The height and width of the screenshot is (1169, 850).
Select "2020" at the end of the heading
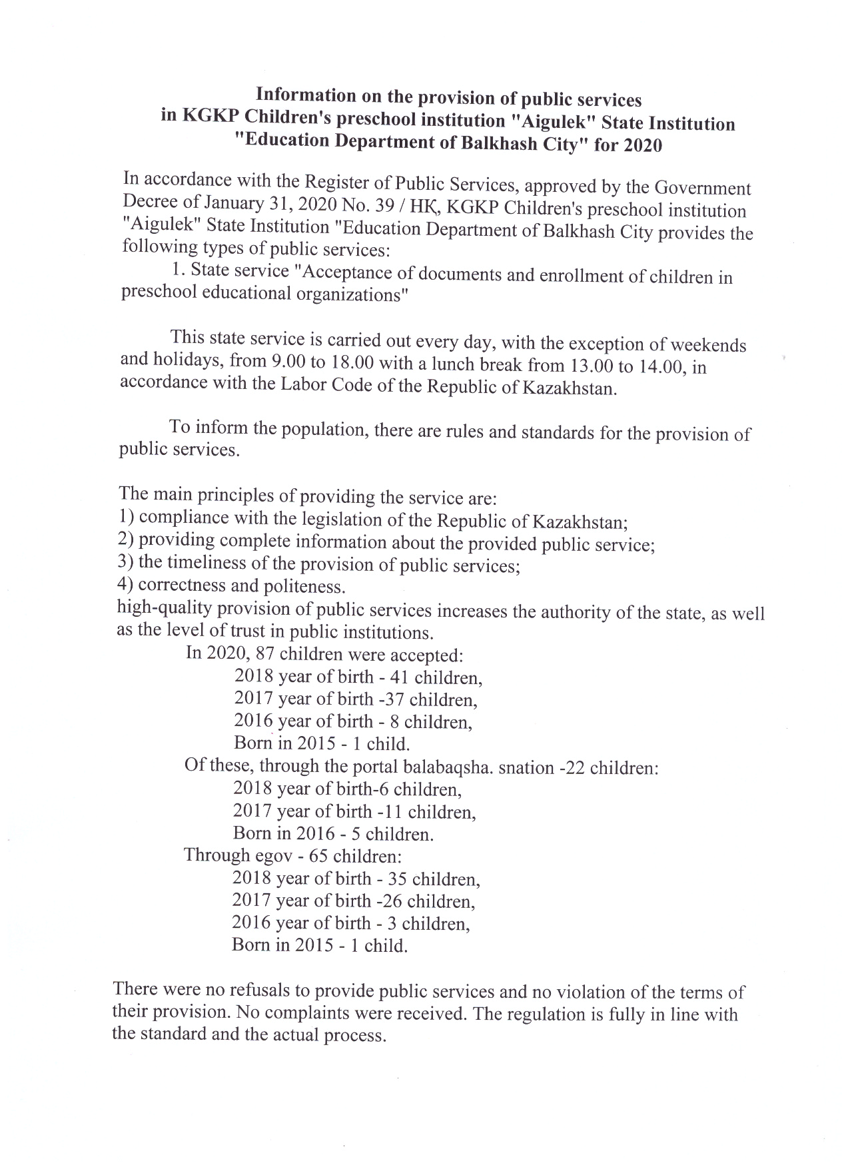pyautogui.click(x=643, y=145)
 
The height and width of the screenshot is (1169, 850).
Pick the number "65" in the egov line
pyautogui.click(x=319, y=856)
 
